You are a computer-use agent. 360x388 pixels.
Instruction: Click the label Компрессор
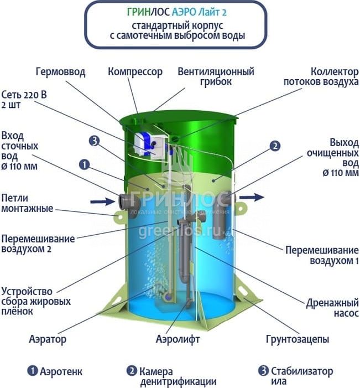point(135,72)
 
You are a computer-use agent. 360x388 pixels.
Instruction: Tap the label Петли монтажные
point(27,203)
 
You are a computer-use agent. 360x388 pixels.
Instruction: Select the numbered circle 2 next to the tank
point(275,147)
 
